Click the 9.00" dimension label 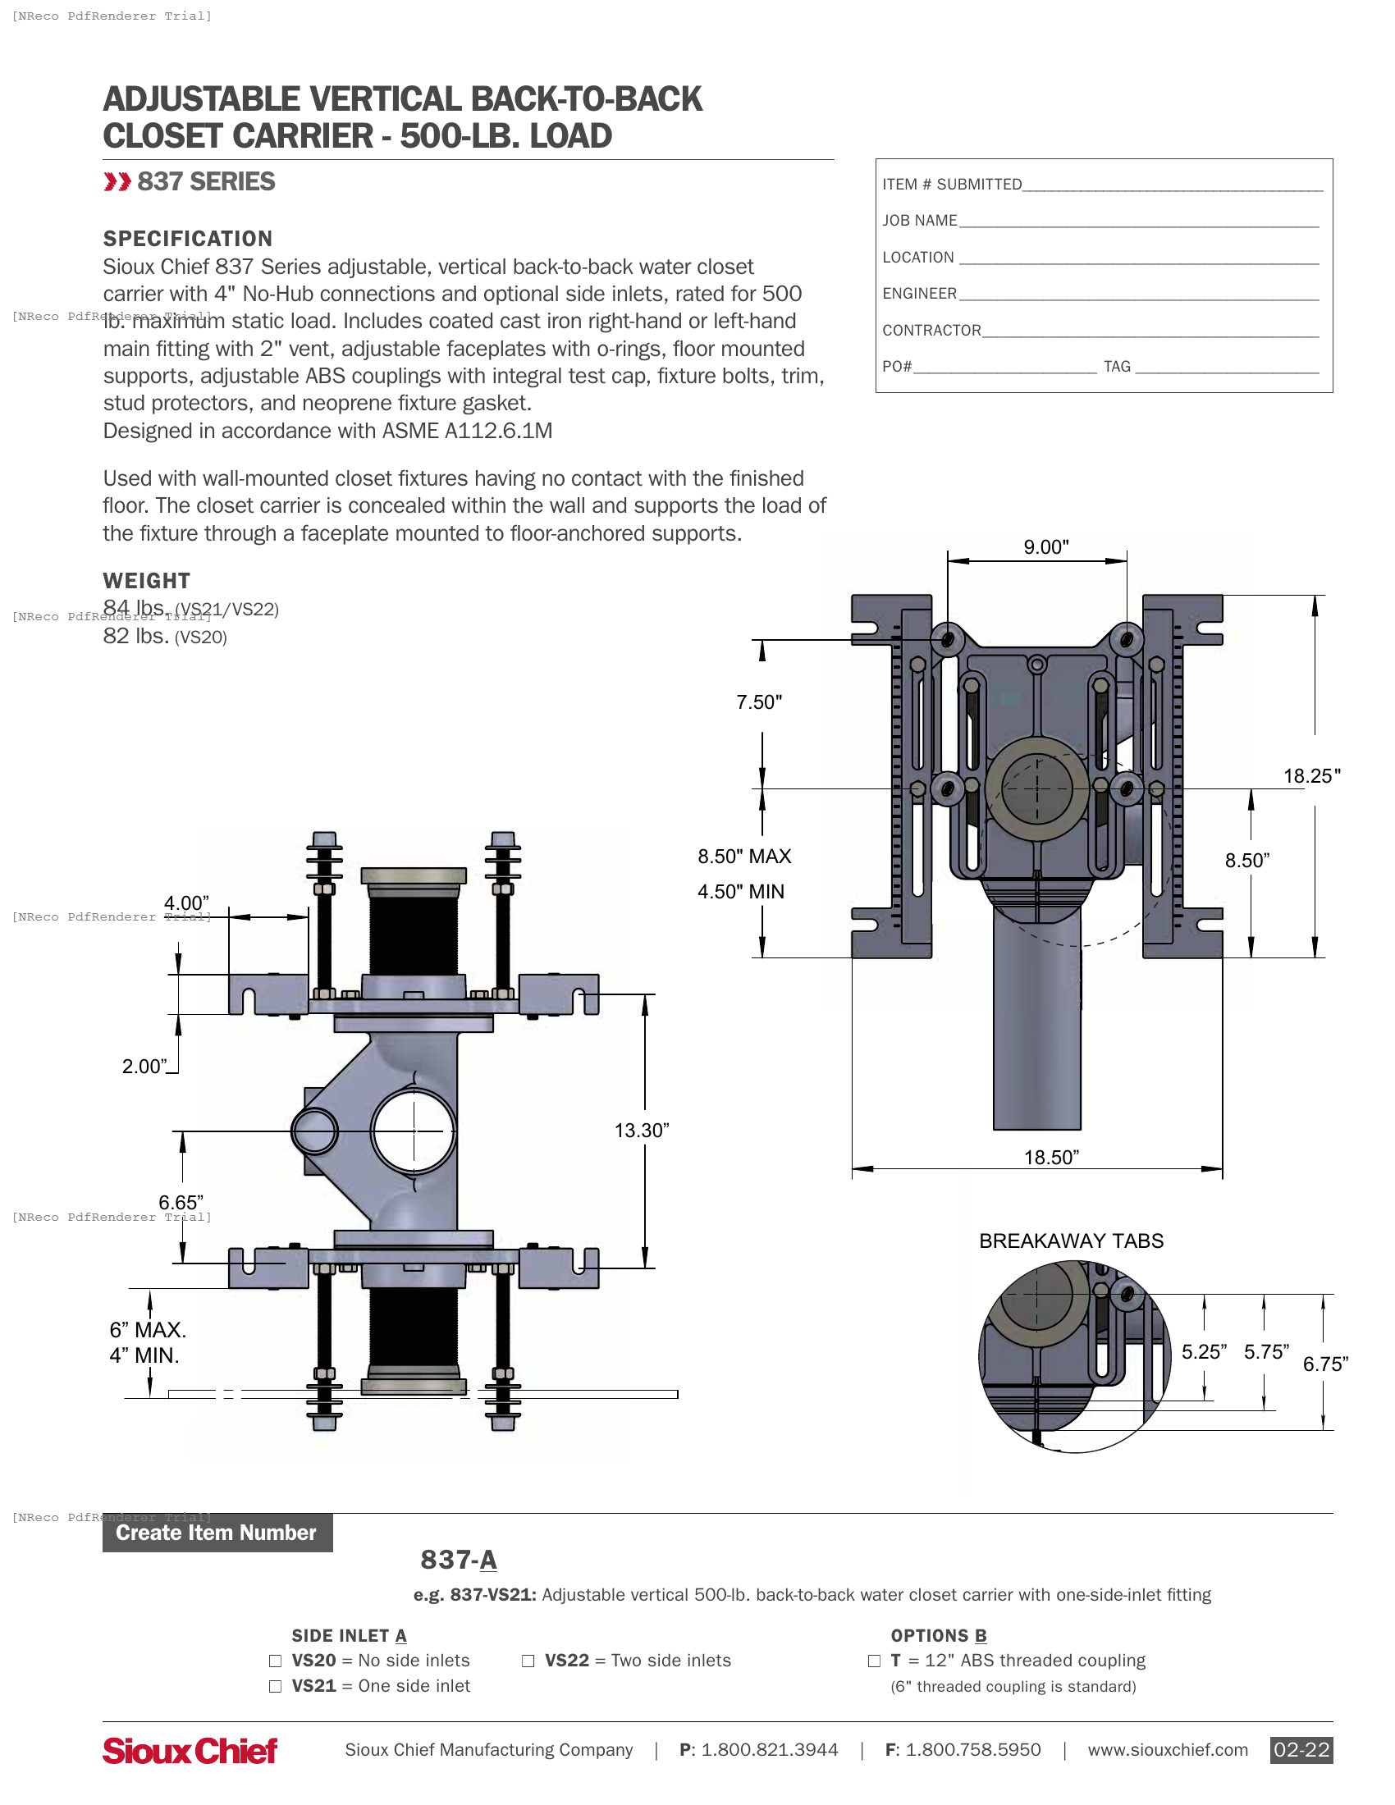coord(1045,547)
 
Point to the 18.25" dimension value coord(1310,776)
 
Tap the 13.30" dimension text coord(642,1131)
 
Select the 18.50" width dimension coord(1051,1157)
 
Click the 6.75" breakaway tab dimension coord(1324,1364)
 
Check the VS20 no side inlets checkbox coord(275,1661)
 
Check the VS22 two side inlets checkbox coord(528,1661)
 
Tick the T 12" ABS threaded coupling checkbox coord(874,1661)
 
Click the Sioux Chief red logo coord(190,1751)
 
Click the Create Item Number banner coord(217,1533)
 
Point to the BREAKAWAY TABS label coord(1071,1241)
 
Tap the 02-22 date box coord(1301,1750)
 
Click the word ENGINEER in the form coord(919,294)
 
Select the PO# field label coord(897,366)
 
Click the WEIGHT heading coord(146,581)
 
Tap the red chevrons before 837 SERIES coord(117,182)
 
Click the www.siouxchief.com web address coord(1167,1750)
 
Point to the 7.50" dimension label coord(759,702)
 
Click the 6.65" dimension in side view coord(181,1203)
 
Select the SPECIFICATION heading coord(188,239)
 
